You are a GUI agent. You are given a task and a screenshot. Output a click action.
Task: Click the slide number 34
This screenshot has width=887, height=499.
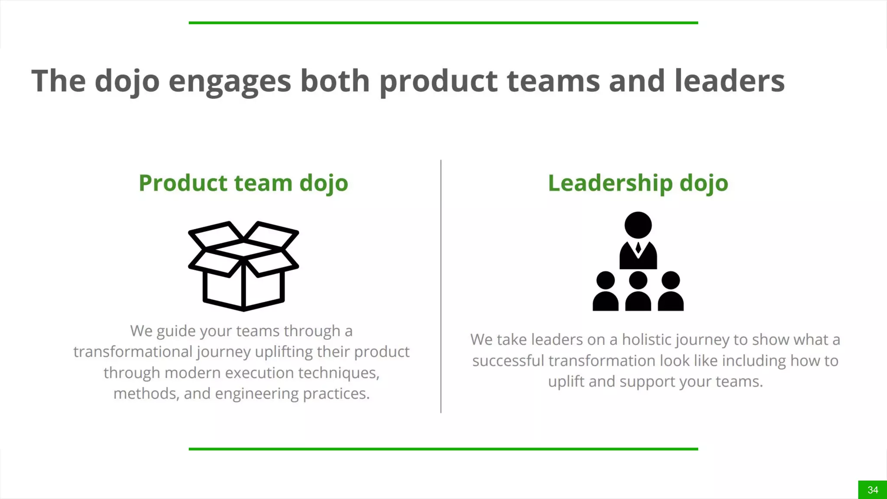pos(873,490)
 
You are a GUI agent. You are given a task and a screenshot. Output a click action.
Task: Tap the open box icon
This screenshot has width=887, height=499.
pos(243,266)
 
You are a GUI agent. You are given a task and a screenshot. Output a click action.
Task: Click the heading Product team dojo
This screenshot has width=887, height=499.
pos(243,183)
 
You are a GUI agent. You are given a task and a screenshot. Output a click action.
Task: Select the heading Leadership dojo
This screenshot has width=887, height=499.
pos(638,183)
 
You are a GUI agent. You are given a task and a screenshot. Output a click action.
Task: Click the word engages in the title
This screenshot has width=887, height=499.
pos(230,81)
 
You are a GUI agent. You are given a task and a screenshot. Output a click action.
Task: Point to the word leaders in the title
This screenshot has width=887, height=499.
pos(729,81)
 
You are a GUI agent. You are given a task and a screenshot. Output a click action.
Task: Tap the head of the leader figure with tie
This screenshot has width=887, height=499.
pos(638,225)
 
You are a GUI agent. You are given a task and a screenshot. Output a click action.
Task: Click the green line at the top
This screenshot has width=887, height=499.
pos(443,23)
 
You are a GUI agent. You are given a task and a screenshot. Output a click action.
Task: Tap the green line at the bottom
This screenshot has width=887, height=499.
pos(443,449)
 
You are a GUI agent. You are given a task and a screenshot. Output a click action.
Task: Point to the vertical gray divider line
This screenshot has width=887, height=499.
pos(441,286)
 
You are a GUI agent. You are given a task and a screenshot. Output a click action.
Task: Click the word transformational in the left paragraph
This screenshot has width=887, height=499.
pos(133,352)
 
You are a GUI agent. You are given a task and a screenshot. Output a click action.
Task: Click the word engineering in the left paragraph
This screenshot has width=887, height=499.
pos(256,394)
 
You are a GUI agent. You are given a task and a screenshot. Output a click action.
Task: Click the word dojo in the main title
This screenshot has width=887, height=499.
pos(127,81)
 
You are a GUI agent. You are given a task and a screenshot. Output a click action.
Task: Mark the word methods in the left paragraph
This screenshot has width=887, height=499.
pos(146,394)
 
